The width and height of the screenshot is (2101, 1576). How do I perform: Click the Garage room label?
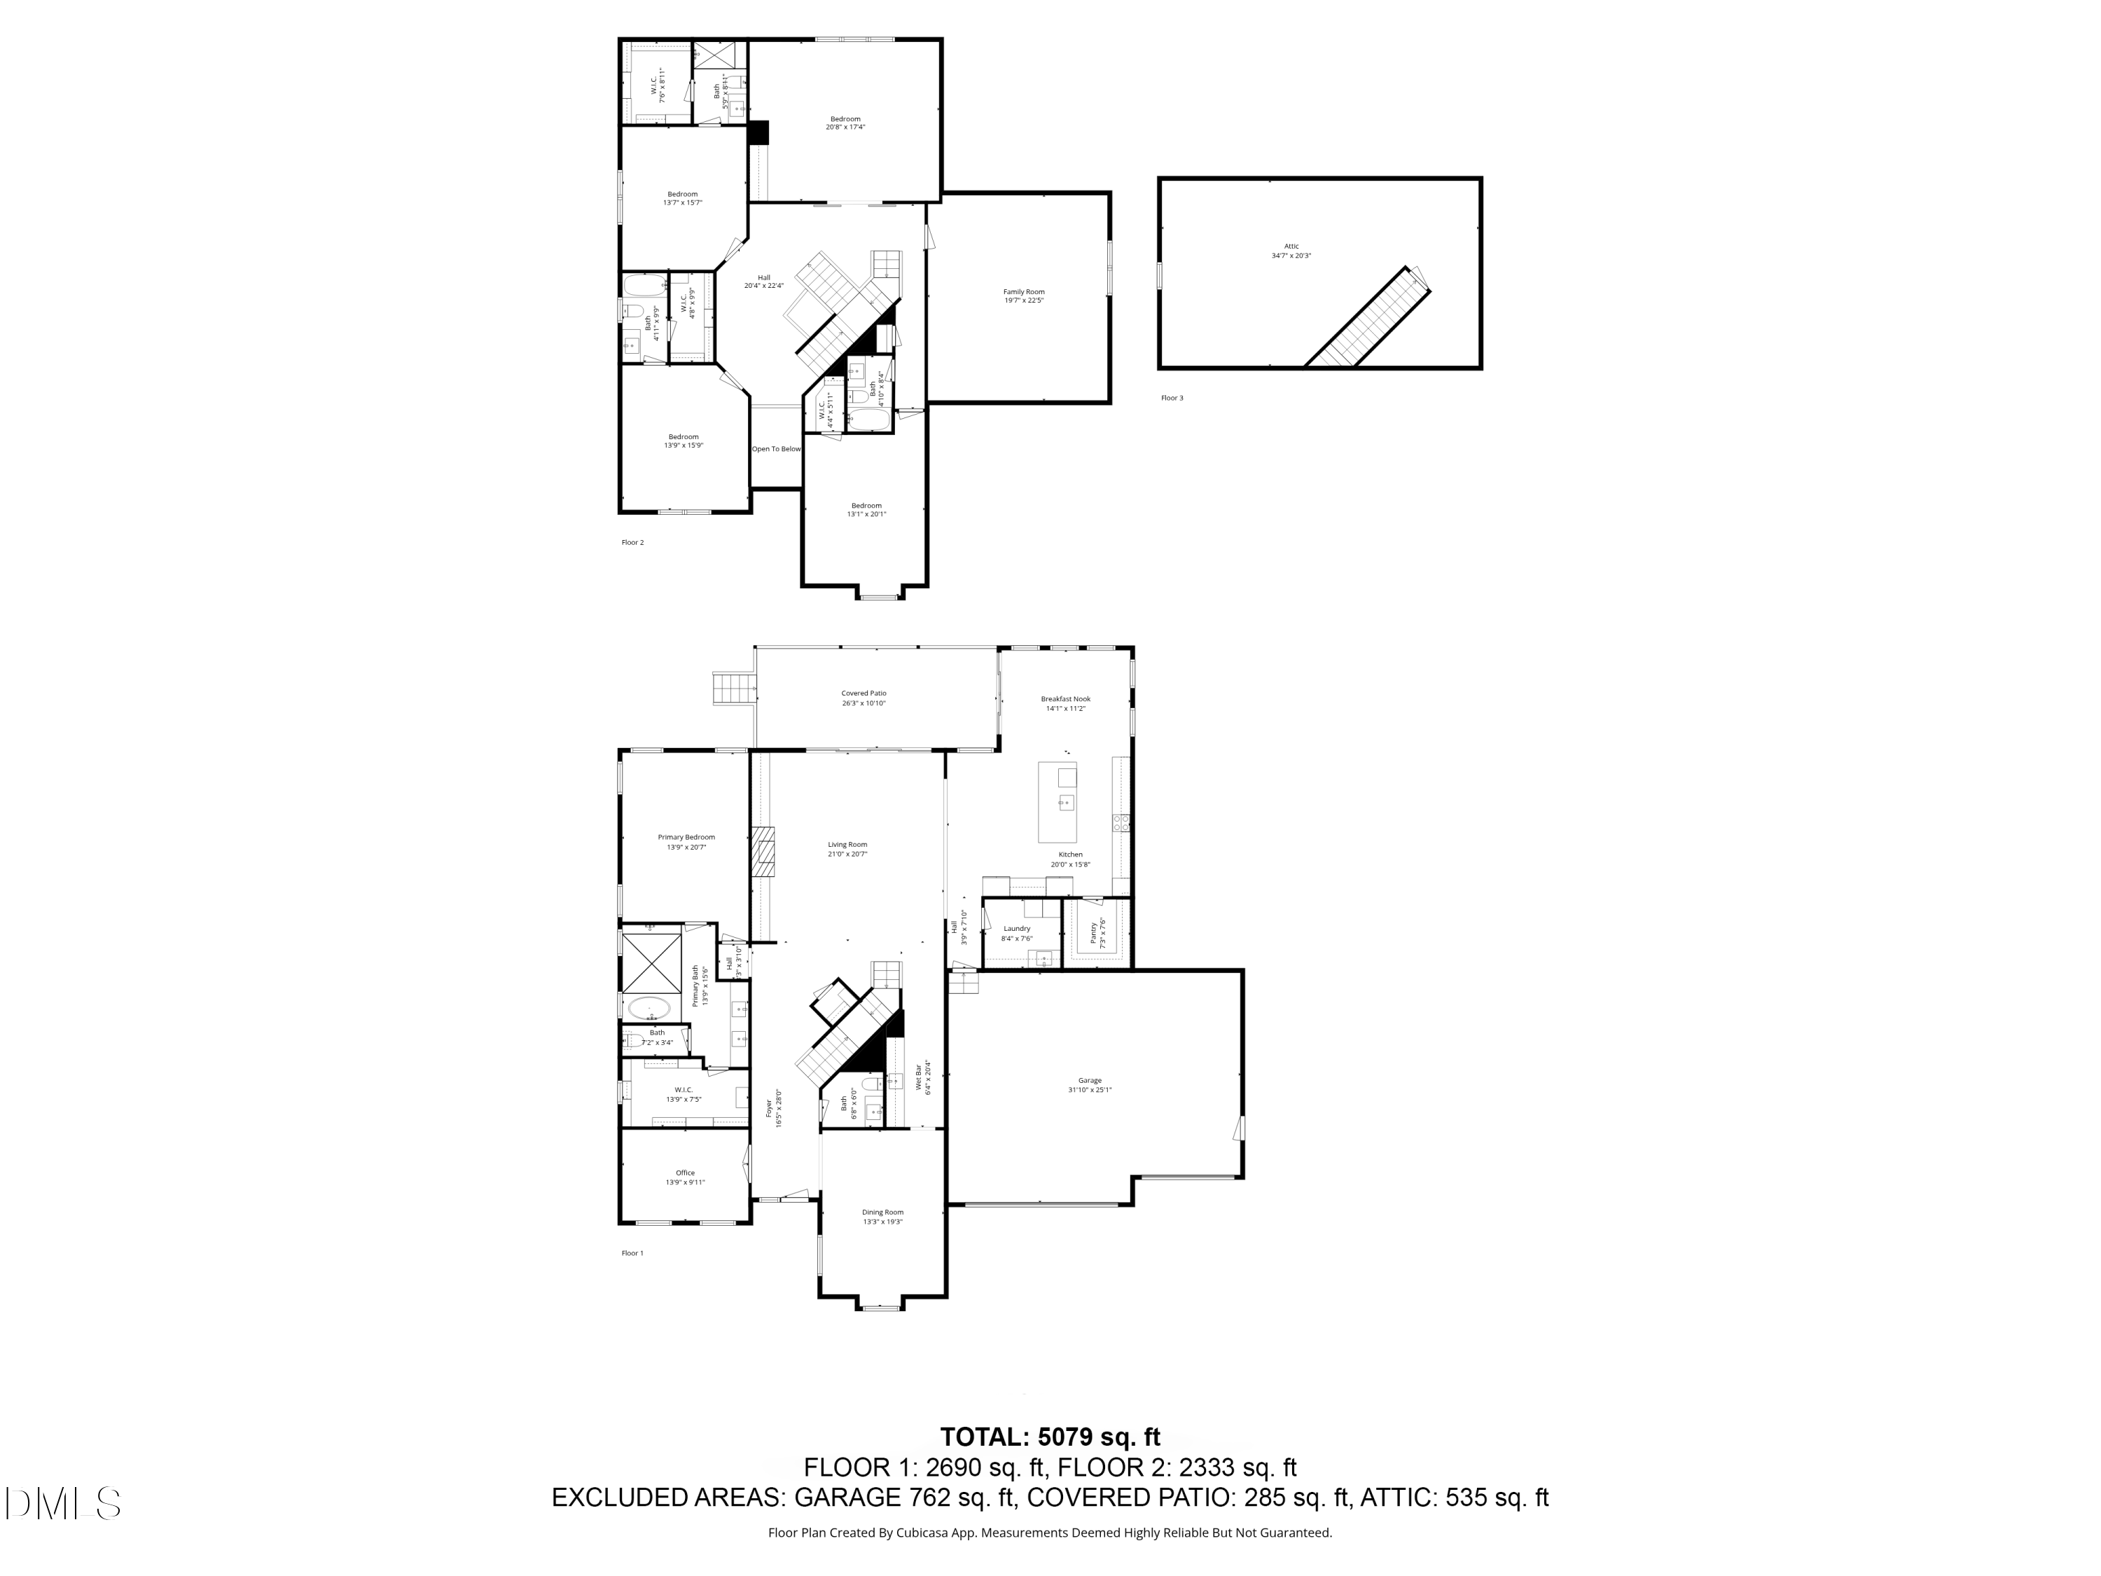(x=1090, y=1080)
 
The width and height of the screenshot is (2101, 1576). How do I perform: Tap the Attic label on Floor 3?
(x=1291, y=246)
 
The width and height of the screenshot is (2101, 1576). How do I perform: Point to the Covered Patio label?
(x=864, y=693)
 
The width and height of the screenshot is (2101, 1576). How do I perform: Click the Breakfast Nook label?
(x=1065, y=699)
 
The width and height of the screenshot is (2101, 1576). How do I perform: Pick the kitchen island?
(x=1057, y=802)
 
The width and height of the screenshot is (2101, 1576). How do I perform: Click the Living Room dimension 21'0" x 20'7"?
(x=847, y=854)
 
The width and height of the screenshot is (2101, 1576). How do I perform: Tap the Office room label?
(x=685, y=1173)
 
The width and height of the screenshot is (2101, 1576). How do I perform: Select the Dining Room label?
(x=882, y=1212)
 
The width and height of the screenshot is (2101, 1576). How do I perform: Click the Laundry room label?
(x=1016, y=929)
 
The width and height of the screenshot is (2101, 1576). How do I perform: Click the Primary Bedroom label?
(x=686, y=838)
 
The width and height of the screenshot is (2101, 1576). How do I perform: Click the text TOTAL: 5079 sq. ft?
(x=1050, y=1437)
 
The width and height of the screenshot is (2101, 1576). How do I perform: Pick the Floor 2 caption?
(x=632, y=542)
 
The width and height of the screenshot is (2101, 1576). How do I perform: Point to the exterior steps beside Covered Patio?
(x=733, y=688)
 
